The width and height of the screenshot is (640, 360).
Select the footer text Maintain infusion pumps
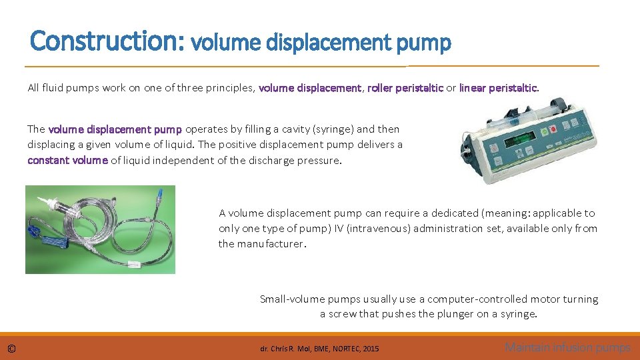pos(567,347)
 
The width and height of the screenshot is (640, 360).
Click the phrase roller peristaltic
pos(405,88)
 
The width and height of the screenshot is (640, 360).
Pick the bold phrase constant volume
pos(67,160)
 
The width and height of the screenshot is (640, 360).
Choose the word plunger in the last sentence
pos(456,314)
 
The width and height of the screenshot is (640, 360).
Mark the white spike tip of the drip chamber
pos(42,199)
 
